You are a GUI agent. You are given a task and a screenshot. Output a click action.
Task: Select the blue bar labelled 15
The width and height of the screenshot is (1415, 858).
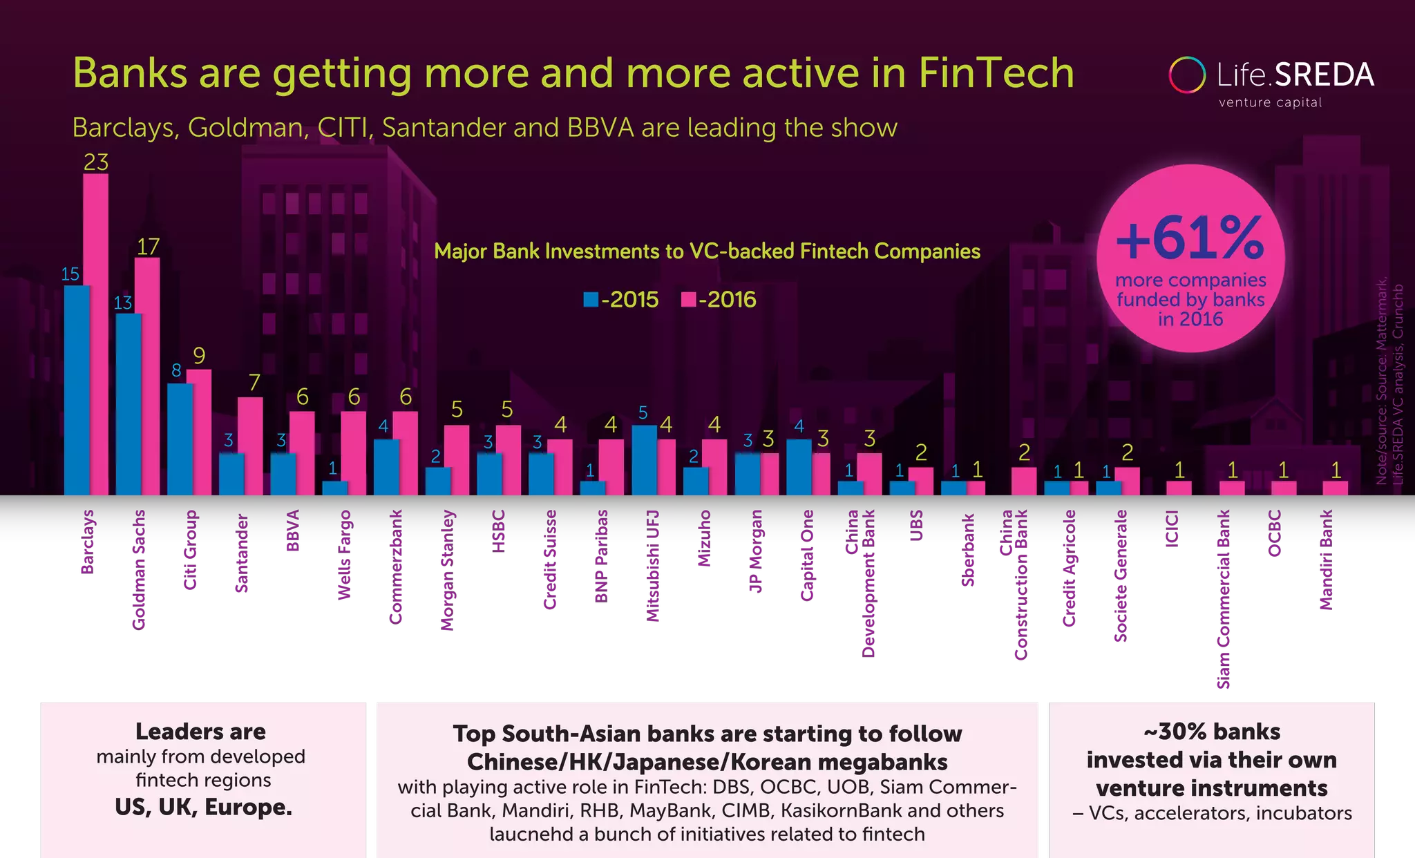pos(77,390)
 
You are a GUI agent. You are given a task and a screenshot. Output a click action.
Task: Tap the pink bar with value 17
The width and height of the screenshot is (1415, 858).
pos(147,376)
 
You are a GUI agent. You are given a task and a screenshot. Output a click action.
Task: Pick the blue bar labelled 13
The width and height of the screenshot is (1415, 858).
pos(129,404)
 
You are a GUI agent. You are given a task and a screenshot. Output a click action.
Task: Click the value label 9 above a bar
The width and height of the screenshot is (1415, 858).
pos(199,356)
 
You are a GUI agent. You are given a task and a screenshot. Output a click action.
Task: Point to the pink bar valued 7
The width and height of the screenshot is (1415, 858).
pos(250,446)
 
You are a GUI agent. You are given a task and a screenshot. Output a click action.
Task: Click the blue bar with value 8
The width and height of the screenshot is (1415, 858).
pos(180,439)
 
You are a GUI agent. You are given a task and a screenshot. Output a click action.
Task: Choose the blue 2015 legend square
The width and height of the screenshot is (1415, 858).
pos(591,299)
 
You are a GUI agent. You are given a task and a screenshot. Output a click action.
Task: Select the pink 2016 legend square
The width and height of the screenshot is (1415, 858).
pos(688,299)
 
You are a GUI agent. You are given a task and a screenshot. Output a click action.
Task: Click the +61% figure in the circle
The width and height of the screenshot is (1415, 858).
pos(1190,238)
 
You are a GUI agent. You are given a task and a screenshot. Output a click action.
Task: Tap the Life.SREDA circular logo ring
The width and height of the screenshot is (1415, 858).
pos(1187,75)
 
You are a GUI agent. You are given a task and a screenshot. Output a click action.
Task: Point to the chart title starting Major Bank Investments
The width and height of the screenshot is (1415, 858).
pos(707,251)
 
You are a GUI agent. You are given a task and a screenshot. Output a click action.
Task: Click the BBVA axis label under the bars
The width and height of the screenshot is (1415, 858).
pos(293,531)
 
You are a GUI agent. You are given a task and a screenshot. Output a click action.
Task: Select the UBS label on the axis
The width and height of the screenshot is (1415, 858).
pos(916,526)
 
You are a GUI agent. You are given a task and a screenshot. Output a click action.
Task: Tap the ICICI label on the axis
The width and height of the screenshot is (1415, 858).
pos(1172,528)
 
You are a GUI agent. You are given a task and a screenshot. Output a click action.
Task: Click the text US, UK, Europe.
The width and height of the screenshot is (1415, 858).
pos(203,807)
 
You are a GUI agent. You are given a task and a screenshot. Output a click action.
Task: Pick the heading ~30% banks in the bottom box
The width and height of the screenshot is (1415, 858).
pos(1211,731)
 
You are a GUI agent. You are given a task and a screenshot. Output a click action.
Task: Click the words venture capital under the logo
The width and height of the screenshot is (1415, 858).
pos(1270,103)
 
